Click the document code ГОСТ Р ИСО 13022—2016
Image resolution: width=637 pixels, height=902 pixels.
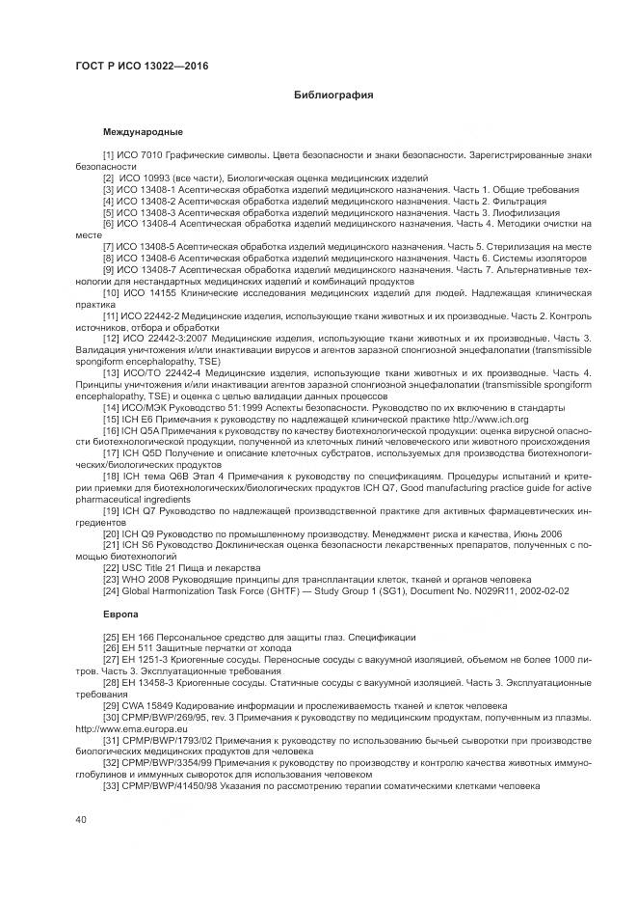pyautogui.click(x=142, y=66)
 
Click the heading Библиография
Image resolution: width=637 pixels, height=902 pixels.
pyautogui.click(x=332, y=96)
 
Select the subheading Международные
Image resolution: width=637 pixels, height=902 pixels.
pyautogui.click(x=143, y=130)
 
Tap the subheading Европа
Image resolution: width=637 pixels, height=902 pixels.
pyautogui.click(x=120, y=614)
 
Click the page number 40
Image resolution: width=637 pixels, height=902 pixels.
pyautogui.click(x=82, y=819)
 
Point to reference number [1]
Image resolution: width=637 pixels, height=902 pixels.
pyautogui.click(x=108, y=155)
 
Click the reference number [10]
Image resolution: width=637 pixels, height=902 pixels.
pyautogui.click(x=111, y=292)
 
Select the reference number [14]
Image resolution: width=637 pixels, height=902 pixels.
pyautogui.click(x=111, y=407)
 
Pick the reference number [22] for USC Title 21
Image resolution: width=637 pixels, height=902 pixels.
pyautogui.click(x=111, y=567)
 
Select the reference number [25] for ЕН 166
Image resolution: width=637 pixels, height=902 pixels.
pyautogui.click(x=111, y=637)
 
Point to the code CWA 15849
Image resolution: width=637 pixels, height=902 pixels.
pyautogui.click(x=147, y=705)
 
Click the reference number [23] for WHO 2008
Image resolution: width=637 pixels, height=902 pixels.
pyautogui.click(x=111, y=579)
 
